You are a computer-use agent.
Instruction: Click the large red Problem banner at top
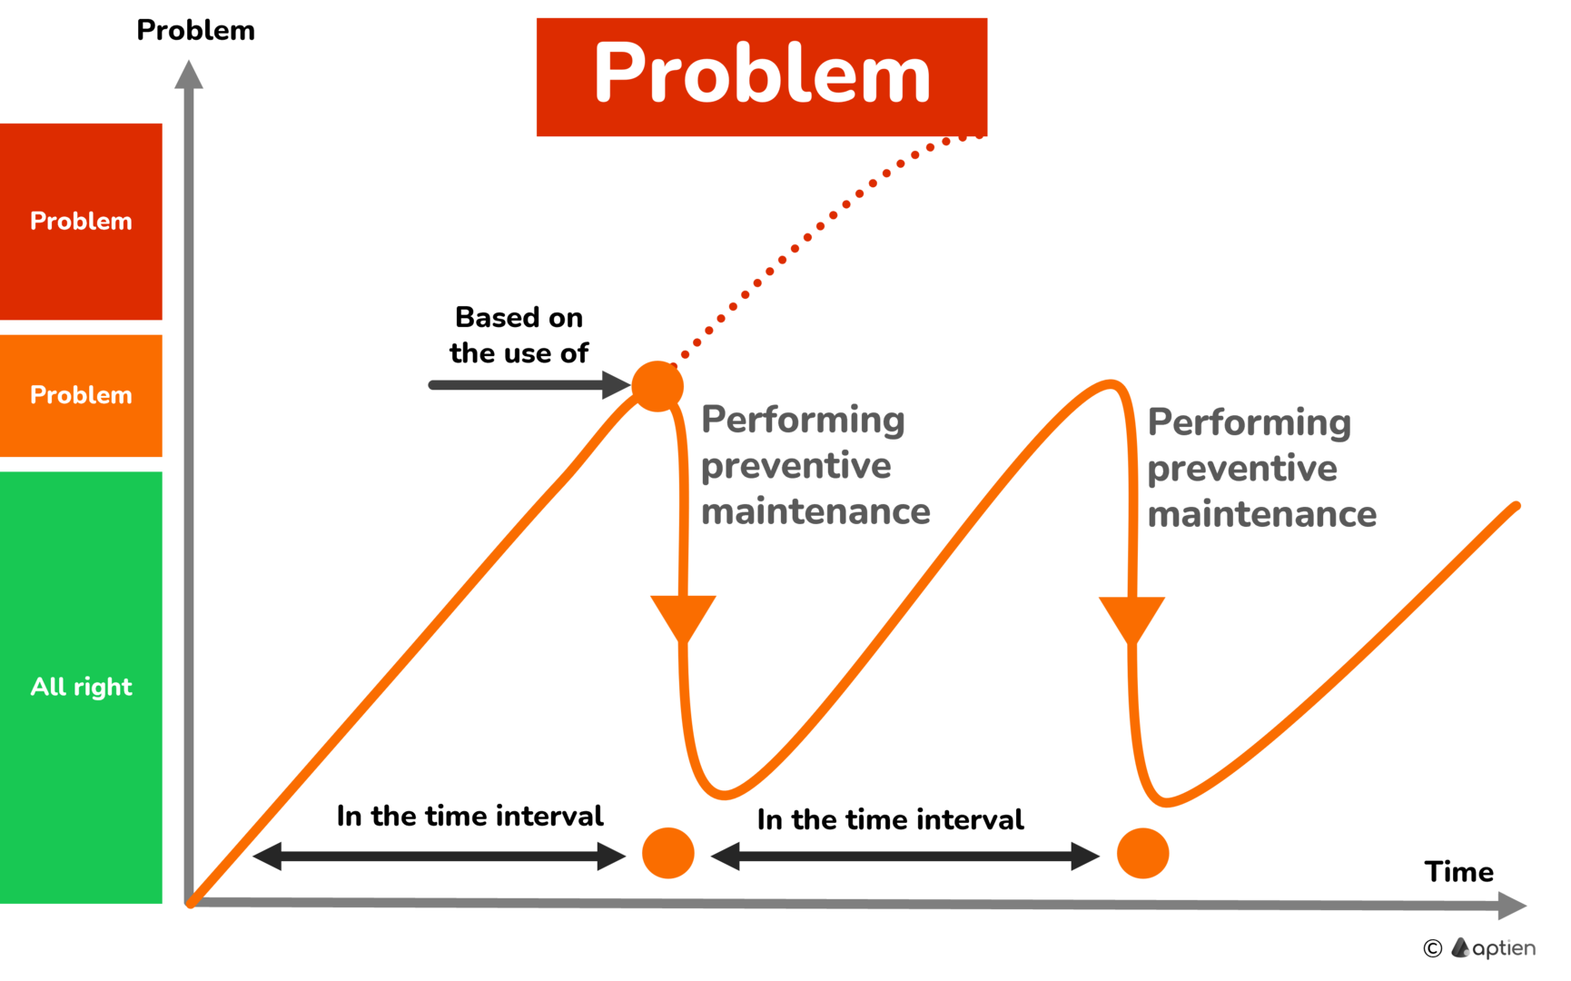coord(762,77)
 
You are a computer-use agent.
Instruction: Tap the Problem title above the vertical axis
coord(195,30)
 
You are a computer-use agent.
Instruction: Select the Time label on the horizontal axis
coord(1458,872)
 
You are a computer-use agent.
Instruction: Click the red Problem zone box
coord(81,222)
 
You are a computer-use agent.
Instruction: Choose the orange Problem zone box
coord(81,396)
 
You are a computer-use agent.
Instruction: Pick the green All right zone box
coord(81,688)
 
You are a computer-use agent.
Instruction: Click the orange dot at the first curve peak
coord(657,386)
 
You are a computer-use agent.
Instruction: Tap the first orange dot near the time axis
coord(668,853)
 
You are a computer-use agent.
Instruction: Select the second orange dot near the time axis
coord(1142,853)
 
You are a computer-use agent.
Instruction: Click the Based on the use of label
coord(519,335)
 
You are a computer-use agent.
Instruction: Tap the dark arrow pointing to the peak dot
coord(529,385)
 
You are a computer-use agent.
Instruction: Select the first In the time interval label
coord(469,816)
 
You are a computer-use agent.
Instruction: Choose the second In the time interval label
coord(890,819)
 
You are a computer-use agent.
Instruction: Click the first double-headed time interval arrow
coord(440,856)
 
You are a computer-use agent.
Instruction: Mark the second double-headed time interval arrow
coord(905,856)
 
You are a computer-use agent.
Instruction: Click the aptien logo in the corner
coord(1493,948)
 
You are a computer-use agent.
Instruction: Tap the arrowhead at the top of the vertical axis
coord(189,74)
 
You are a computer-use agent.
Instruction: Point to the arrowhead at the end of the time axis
coord(1512,905)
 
